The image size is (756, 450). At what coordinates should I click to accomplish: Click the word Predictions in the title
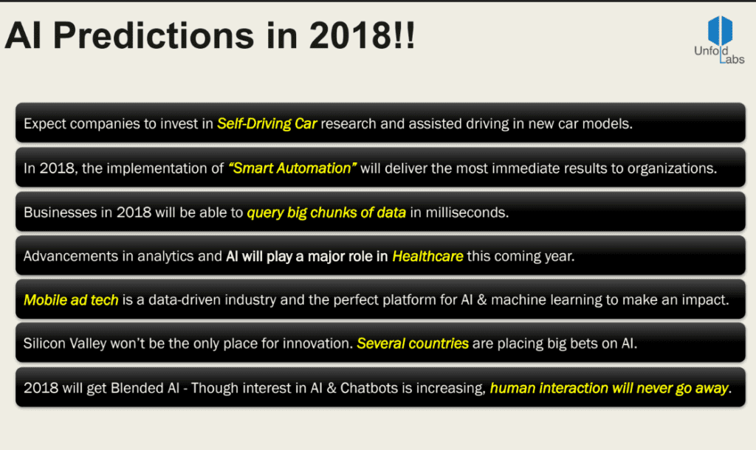pyautogui.click(x=154, y=35)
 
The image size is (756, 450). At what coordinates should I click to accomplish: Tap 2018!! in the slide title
pyautogui.click(x=362, y=35)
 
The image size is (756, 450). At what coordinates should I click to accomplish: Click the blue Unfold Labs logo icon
pyautogui.click(x=720, y=30)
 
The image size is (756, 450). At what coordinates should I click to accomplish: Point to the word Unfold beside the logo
pyautogui.click(x=711, y=51)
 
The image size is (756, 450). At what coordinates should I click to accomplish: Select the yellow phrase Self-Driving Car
pyautogui.click(x=267, y=124)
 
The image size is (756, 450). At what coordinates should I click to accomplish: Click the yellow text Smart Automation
pyautogui.click(x=292, y=168)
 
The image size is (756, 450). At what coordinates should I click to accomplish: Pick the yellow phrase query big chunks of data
pyautogui.click(x=326, y=212)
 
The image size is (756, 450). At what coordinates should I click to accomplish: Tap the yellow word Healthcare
pyautogui.click(x=427, y=256)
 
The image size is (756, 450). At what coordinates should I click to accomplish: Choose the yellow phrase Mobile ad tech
pyautogui.click(x=71, y=300)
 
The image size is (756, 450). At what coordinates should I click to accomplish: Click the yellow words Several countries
pyautogui.click(x=413, y=344)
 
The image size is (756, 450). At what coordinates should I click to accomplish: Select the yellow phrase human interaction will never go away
pyautogui.click(x=609, y=388)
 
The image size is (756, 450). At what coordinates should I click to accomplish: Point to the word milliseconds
pyautogui.click(x=467, y=212)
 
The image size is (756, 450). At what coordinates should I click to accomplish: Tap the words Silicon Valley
pyautogui.click(x=65, y=344)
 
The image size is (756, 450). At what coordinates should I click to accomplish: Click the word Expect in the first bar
pyautogui.click(x=45, y=125)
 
